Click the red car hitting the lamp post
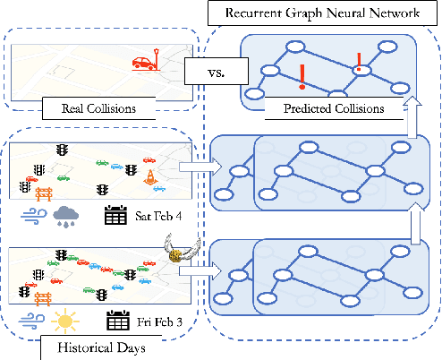click(x=145, y=62)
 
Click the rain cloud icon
click(x=65, y=216)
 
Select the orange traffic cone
click(x=151, y=177)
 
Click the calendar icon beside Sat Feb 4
click(x=115, y=215)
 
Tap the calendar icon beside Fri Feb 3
click(x=115, y=318)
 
